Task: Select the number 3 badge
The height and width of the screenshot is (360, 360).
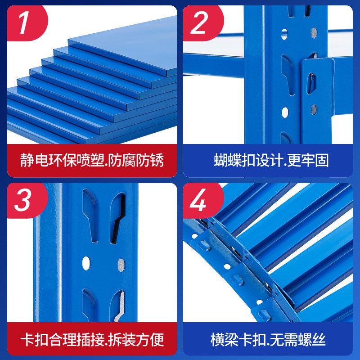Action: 23,201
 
